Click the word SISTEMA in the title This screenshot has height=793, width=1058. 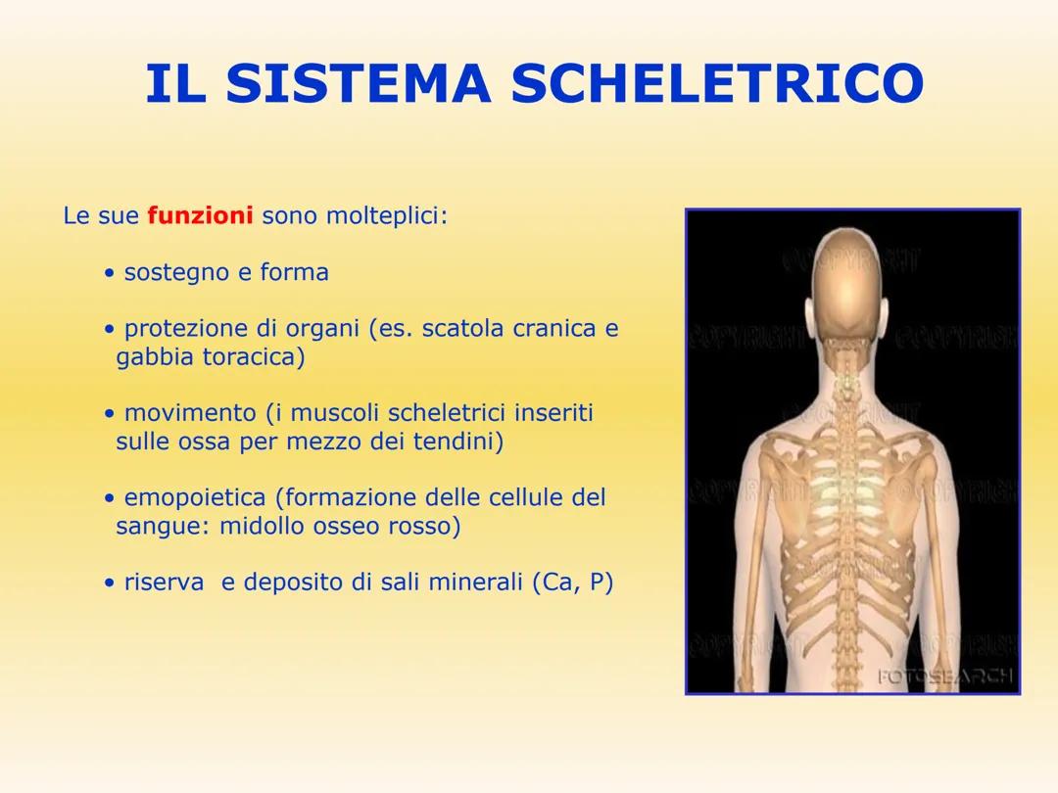[358, 84]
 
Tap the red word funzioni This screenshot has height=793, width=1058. [200, 215]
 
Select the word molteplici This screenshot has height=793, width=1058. [385, 215]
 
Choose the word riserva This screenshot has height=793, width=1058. [164, 583]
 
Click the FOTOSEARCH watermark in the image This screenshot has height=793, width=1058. [945, 676]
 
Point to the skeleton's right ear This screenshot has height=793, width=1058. [887, 314]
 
